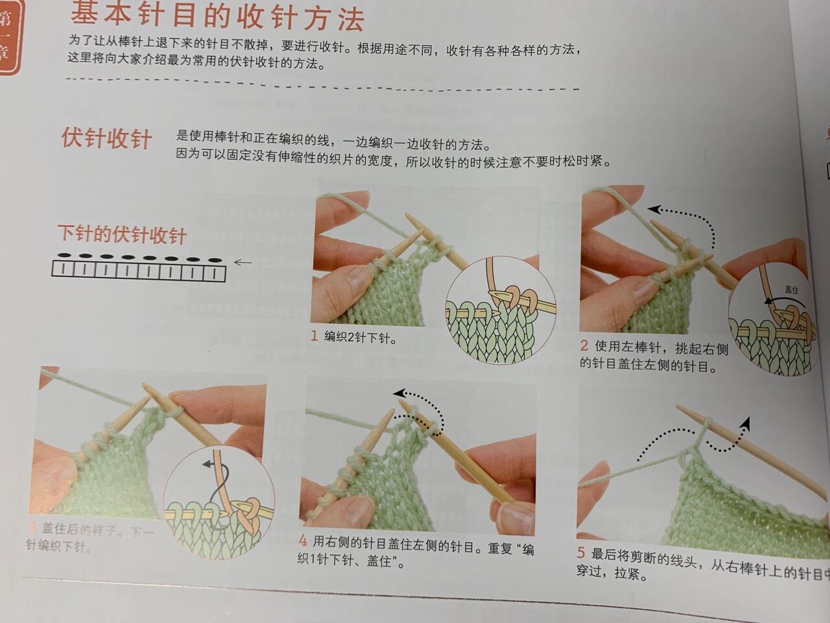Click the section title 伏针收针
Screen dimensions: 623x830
[x=107, y=139]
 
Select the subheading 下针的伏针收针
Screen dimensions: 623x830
[x=122, y=234]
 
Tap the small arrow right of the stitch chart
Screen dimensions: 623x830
[x=242, y=262]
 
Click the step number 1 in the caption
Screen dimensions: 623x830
[x=314, y=336]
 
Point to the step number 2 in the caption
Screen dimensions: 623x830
[x=584, y=347]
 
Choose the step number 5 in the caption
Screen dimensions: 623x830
[x=581, y=554]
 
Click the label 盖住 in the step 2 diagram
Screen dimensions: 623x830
[x=791, y=289]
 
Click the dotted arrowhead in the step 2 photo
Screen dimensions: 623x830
[x=654, y=209]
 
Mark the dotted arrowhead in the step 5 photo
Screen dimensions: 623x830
[x=746, y=422]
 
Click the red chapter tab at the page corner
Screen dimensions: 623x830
[x=11, y=36]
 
